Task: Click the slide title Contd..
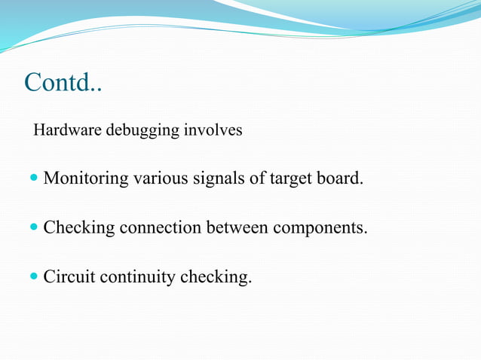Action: pyautogui.click(x=63, y=82)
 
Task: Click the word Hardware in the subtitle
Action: pyautogui.click(x=68, y=130)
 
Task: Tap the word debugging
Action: pyautogui.click(x=141, y=131)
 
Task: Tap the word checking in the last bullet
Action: pyautogui.click(x=216, y=278)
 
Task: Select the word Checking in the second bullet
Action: pyautogui.click(x=79, y=228)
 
